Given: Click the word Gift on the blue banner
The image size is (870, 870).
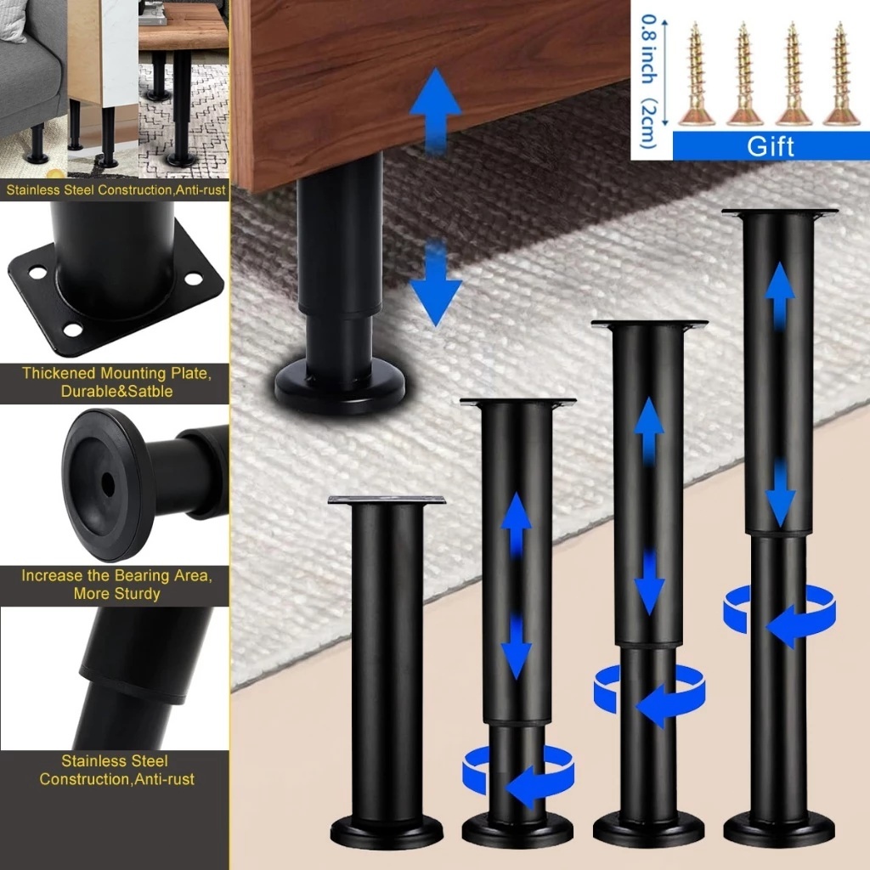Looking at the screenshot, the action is pyautogui.click(x=770, y=146).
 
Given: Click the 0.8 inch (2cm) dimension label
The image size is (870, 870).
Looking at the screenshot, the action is pyautogui.click(x=648, y=81).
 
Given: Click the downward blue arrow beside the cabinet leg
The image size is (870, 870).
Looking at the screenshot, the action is pyautogui.click(x=436, y=283).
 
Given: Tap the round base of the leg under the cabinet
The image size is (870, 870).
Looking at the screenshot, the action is pyautogui.click(x=340, y=386).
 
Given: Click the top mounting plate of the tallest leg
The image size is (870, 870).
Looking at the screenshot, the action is pyautogui.click(x=780, y=212).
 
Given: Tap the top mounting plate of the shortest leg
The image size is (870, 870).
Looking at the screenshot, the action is pyautogui.click(x=387, y=500).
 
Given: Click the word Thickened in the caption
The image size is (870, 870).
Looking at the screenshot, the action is pyautogui.click(x=59, y=373).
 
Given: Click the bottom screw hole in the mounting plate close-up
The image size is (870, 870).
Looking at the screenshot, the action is pyautogui.click(x=73, y=330).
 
